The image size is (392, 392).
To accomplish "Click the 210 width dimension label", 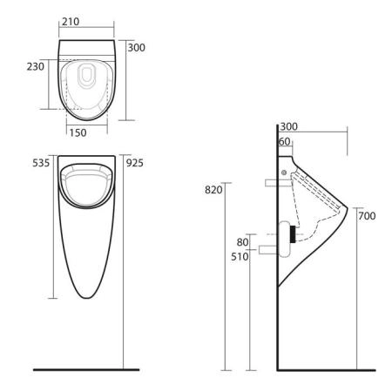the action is [71, 22].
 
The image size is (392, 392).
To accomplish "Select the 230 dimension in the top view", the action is [36, 66].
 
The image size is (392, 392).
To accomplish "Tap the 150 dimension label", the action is [78, 133].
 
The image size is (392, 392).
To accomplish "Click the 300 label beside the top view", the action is [137, 48].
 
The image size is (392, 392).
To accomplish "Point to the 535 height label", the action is [41, 163].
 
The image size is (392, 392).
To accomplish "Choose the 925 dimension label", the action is [135, 163].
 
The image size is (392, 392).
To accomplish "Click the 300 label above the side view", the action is [288, 126].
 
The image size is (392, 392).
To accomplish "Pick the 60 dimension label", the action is [285, 141].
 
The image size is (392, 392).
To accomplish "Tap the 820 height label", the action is [213, 190].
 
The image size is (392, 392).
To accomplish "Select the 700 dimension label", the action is [367, 216].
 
